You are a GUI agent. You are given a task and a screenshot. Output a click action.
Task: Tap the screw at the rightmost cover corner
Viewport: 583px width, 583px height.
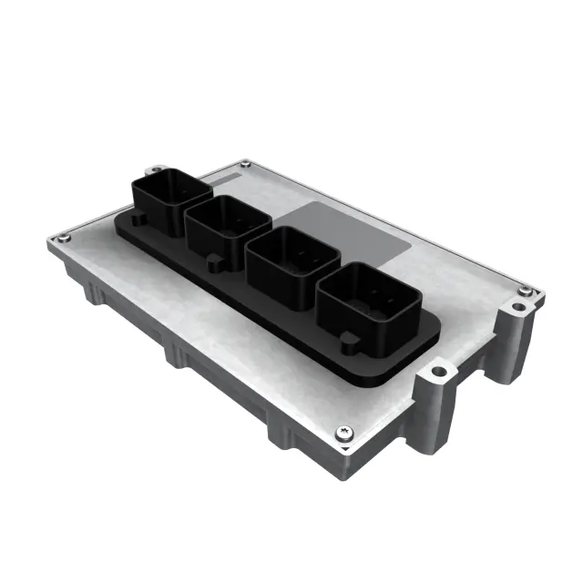pyautogui.click(x=524, y=291)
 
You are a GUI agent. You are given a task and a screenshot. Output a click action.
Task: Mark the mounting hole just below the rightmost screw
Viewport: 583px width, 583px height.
pyautogui.click(x=517, y=308)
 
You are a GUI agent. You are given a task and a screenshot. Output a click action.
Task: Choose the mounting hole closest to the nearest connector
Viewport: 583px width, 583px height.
pyautogui.click(x=439, y=372)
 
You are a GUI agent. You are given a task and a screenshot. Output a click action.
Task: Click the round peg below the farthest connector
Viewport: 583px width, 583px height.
pyautogui.click(x=137, y=220)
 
